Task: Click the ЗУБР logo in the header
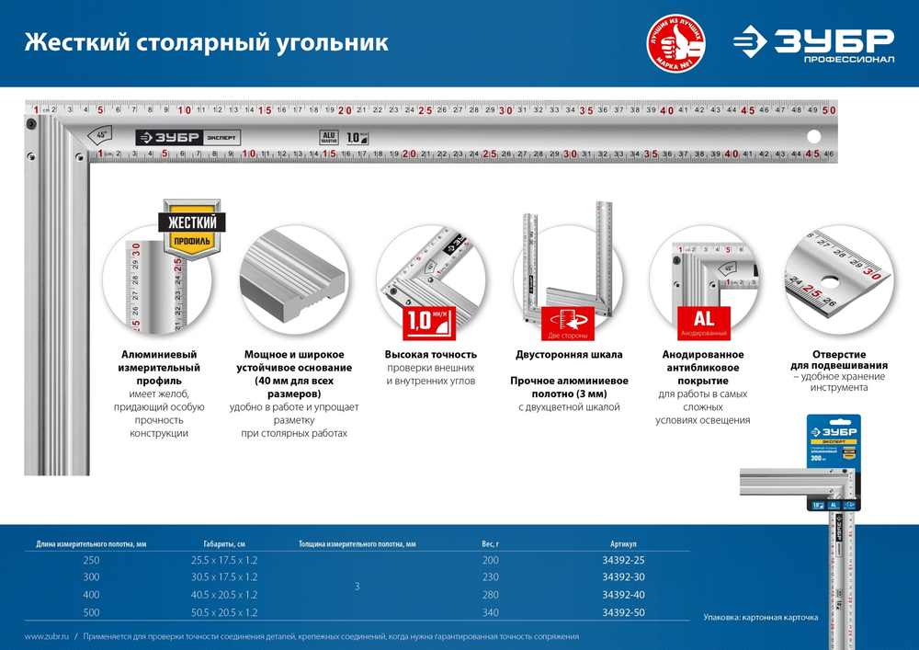tap(812, 43)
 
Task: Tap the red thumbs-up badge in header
tap(678, 43)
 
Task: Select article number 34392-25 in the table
tap(622, 560)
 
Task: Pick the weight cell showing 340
tap(491, 612)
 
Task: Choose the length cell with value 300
tap(91, 577)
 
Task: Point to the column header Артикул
tap(622, 543)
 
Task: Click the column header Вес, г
tap(491, 543)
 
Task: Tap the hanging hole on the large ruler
tap(812, 137)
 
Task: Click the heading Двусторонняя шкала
tap(568, 355)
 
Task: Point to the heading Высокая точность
tap(430, 355)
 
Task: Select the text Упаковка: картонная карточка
tap(760, 617)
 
